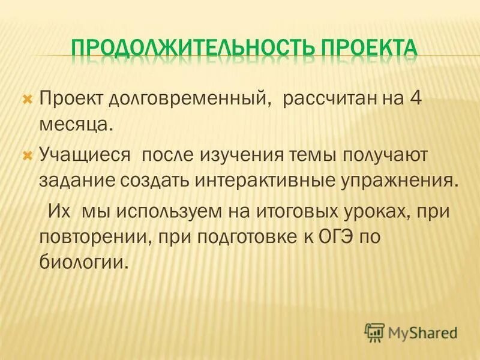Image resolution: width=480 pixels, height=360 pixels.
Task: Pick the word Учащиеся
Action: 85,155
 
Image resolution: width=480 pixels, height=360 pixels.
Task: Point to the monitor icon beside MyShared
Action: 374,331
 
